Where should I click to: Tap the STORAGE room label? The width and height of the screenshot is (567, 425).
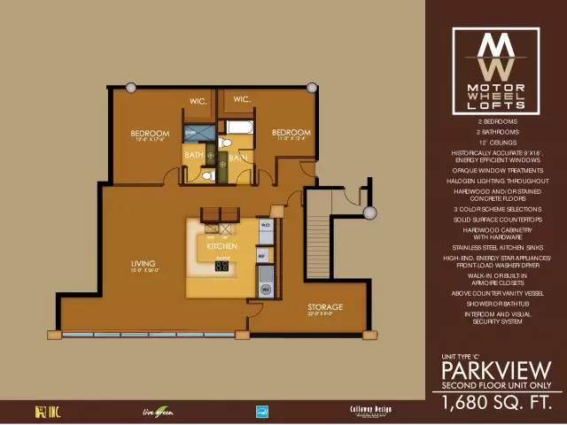[325, 307]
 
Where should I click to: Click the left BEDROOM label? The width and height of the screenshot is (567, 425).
[151, 134]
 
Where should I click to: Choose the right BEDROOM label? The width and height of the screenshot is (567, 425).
[291, 132]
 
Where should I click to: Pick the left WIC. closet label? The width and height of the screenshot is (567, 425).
[198, 101]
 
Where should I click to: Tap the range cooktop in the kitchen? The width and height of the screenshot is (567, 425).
[222, 265]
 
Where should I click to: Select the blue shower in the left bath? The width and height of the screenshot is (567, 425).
[195, 134]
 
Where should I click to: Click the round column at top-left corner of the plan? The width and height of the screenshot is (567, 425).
[131, 88]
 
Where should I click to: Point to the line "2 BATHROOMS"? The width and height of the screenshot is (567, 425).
[496, 130]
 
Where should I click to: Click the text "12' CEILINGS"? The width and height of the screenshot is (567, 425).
[496, 142]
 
